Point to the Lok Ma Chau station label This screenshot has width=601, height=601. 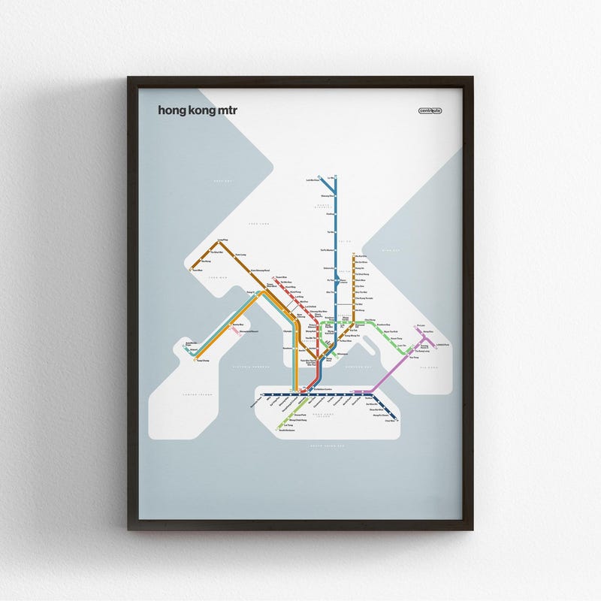313,181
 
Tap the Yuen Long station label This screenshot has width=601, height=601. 240,255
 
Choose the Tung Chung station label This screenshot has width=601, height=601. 202,361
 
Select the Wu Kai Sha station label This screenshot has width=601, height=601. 361,256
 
